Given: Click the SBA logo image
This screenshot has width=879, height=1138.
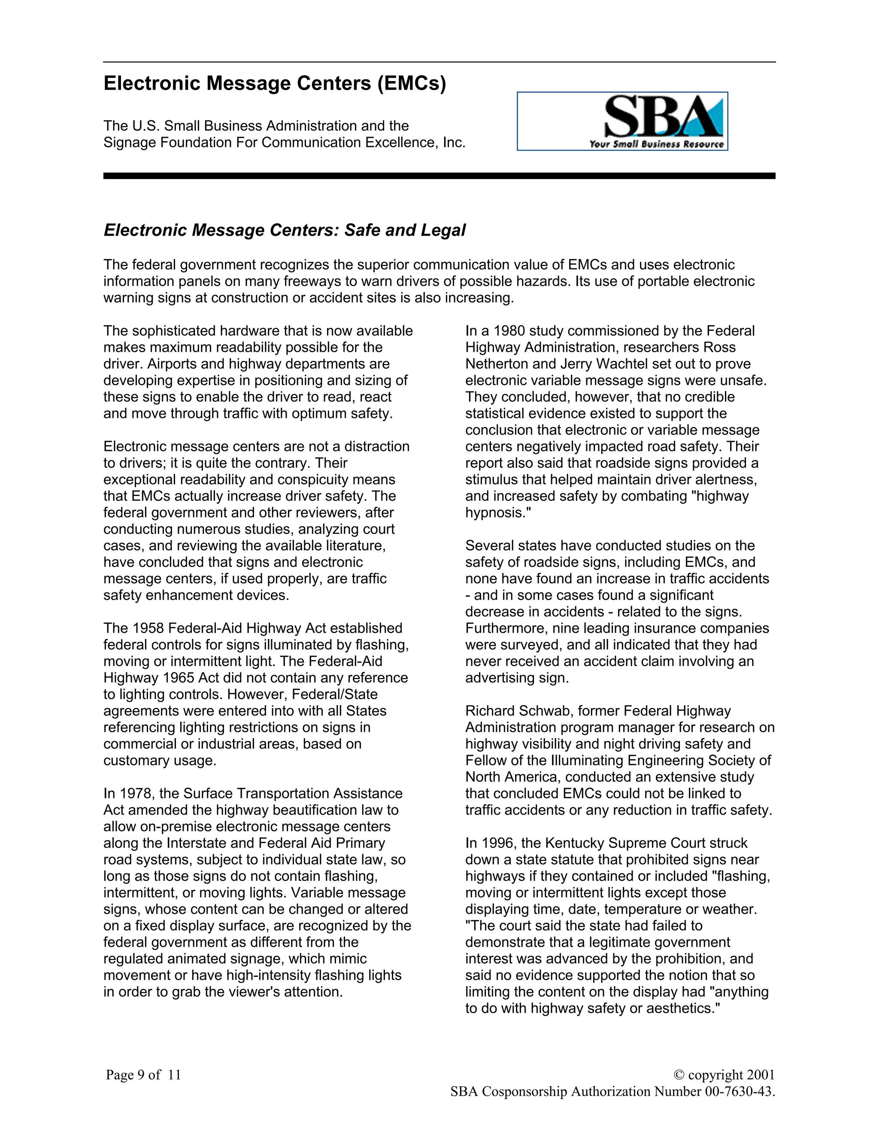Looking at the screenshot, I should (x=622, y=121).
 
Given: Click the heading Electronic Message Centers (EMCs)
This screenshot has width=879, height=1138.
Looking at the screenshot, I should (x=274, y=83).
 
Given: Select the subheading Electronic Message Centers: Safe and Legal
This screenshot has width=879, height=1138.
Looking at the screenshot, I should (x=284, y=230).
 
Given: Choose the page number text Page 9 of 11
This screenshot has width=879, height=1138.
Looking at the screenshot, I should (x=143, y=1074).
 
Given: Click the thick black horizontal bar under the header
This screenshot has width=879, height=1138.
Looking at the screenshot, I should (x=439, y=176).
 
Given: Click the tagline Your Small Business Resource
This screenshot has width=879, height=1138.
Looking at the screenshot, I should (x=656, y=144).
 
